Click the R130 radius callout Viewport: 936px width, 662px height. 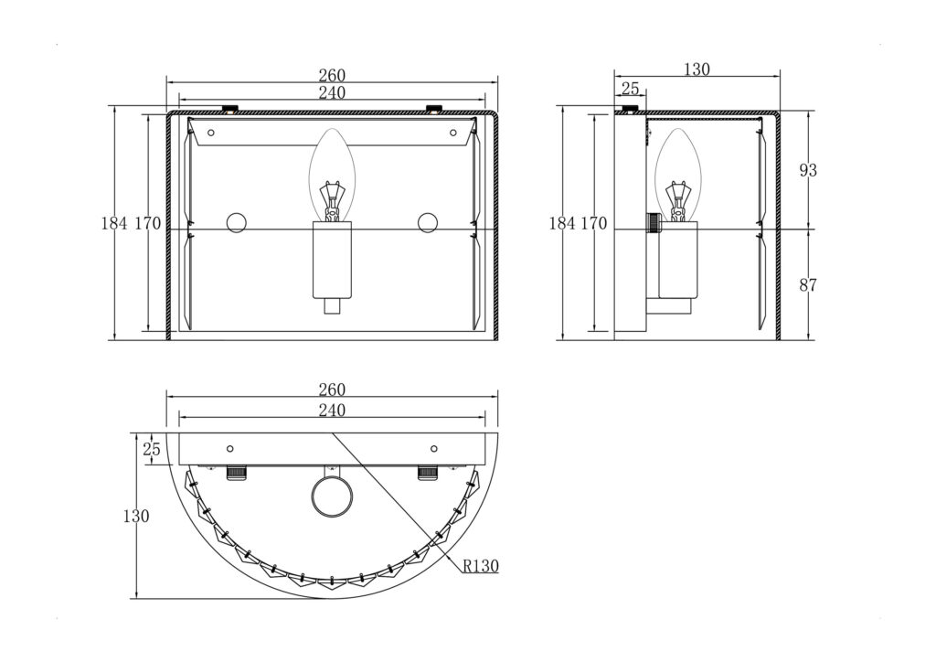[481, 565]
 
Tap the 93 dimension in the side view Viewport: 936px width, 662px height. [808, 171]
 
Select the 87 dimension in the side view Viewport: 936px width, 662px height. [808, 285]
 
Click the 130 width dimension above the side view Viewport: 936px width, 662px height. [697, 69]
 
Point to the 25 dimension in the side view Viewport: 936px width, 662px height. [631, 89]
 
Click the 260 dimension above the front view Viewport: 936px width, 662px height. [332, 75]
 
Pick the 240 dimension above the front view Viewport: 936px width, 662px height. [332, 92]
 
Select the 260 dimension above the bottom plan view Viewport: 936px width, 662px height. [332, 390]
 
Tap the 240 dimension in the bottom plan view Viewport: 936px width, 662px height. [332, 411]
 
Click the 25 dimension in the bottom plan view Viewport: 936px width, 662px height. [153, 449]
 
